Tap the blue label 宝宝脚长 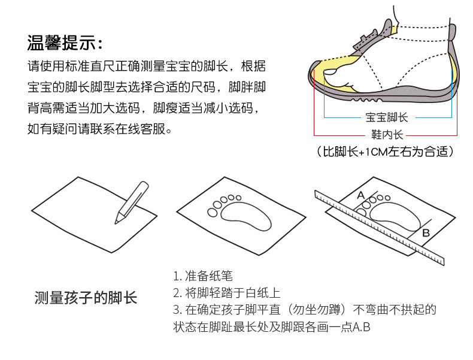[x=386, y=117]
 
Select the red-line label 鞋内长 [x=387, y=135]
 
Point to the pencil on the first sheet [x=132, y=202]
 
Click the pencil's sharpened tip [x=116, y=223]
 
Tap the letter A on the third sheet [x=361, y=195]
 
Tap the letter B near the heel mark [x=426, y=233]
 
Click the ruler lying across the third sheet [x=380, y=228]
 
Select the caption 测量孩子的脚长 [x=86, y=298]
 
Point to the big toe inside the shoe [x=331, y=72]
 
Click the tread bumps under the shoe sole [x=366, y=99]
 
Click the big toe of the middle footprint [x=213, y=213]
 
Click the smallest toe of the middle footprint [x=238, y=198]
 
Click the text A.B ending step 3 [x=362, y=327]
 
